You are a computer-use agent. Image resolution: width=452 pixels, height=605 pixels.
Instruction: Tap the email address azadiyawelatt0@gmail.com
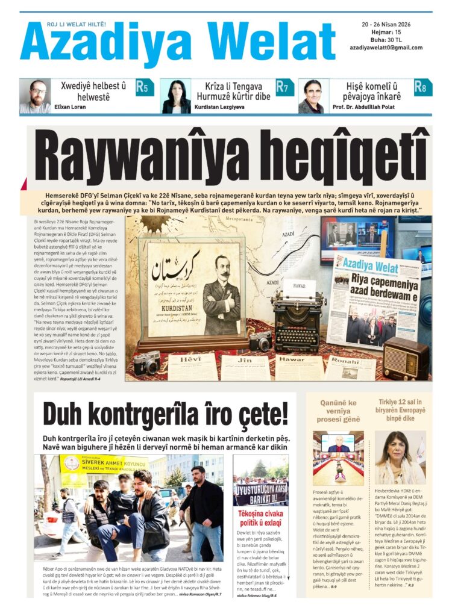(x=386, y=48)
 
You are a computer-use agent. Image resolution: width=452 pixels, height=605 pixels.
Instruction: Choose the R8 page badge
(x=423, y=87)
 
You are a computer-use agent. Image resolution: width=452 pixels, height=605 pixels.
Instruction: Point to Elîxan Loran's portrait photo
(x=35, y=96)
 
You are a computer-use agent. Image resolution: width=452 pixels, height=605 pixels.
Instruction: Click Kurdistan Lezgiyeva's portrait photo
(x=176, y=96)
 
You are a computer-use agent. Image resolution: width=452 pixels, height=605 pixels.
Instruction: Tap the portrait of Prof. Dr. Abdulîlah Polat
(x=313, y=96)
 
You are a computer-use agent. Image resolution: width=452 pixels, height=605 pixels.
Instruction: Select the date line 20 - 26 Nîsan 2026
(x=386, y=24)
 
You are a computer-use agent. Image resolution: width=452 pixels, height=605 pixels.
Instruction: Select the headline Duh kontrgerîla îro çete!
(x=165, y=414)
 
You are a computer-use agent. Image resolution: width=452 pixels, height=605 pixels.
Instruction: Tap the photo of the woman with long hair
(x=400, y=458)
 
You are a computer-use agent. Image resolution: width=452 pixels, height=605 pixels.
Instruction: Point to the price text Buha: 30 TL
(x=378, y=40)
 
